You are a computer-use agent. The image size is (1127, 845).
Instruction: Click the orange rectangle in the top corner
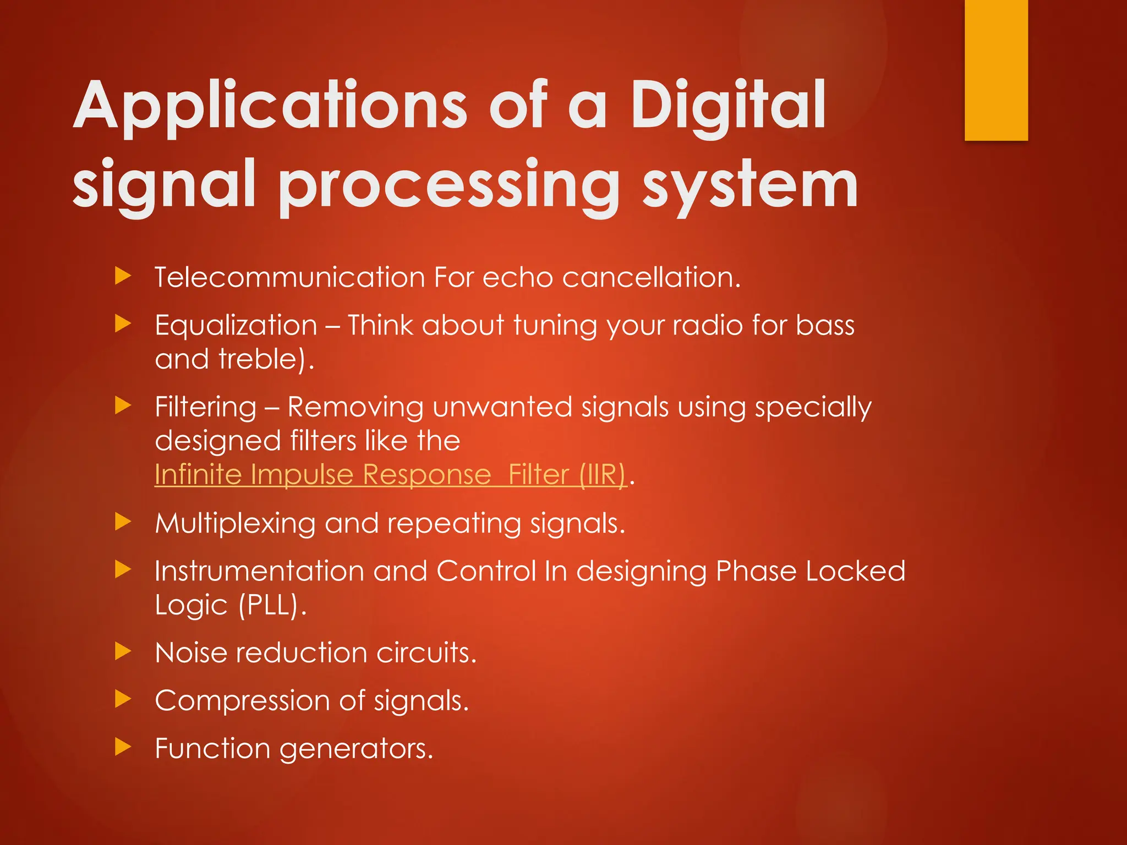996,70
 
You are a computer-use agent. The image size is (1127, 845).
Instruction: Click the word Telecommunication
289,277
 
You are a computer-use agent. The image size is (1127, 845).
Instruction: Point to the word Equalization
236,325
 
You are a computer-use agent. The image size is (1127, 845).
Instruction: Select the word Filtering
206,407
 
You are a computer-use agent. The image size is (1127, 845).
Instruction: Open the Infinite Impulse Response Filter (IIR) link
390,474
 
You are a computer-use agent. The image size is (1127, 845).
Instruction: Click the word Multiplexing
235,523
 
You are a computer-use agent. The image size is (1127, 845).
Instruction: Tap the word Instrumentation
259,571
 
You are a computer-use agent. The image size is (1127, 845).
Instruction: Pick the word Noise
191,653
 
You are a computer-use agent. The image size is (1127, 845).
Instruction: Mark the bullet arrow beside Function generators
123,747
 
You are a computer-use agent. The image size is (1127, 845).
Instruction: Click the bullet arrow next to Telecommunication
123,276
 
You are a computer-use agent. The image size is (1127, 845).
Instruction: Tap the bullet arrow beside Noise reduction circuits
123,652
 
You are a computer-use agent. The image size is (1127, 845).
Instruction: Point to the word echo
517,277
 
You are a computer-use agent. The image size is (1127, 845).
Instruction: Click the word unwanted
502,407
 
